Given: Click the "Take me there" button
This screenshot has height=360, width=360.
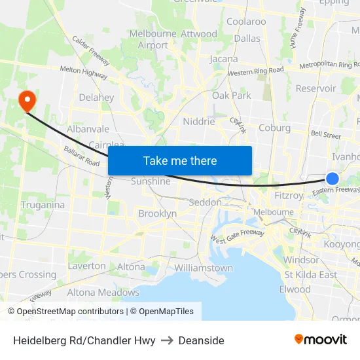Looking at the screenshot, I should click(x=180, y=160).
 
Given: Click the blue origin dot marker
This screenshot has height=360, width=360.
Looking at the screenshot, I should click(x=333, y=179).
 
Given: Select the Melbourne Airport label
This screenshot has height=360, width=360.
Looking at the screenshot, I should click(x=153, y=39).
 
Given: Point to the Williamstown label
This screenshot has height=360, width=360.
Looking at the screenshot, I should click(x=204, y=268).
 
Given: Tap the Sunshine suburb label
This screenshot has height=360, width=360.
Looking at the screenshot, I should click(x=151, y=181).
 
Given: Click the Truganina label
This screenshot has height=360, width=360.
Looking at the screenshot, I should click(x=43, y=205).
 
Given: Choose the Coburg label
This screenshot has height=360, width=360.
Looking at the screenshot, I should click(x=274, y=128).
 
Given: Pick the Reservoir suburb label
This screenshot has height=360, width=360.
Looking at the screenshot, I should click(x=315, y=88).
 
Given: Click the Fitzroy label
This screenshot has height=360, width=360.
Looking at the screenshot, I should click(x=289, y=195).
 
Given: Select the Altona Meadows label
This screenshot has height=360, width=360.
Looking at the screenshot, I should click(x=103, y=293).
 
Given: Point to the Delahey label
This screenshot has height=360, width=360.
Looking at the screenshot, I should click(x=96, y=98).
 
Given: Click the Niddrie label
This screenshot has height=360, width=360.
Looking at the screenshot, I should click(x=199, y=121).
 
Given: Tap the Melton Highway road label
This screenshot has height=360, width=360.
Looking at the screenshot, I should click(x=83, y=72).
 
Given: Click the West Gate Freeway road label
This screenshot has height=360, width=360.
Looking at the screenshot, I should click(x=237, y=236).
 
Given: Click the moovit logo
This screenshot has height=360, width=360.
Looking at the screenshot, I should click(x=321, y=340).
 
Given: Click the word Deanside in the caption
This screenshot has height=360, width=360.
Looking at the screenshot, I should click(x=202, y=340).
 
